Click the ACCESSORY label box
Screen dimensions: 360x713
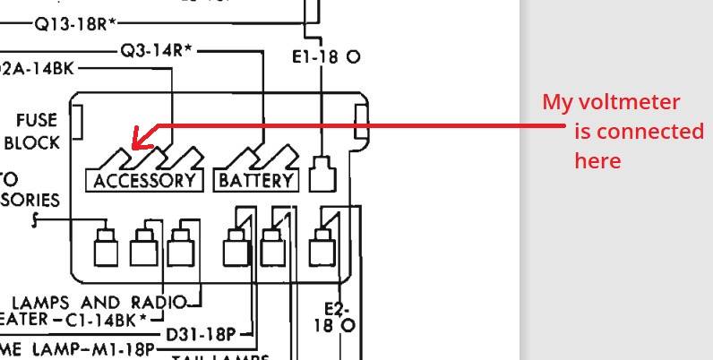tap(144, 180)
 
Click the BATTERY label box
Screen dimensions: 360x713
tap(256, 180)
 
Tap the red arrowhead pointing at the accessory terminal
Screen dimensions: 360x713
tap(139, 140)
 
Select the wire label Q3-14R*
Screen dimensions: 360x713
tap(157, 50)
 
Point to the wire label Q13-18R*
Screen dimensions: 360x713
tap(75, 22)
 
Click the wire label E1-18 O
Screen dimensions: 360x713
tap(326, 56)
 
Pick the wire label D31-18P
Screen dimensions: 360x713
tap(201, 335)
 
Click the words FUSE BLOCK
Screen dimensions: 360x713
tap(34, 131)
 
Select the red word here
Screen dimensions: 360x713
tap(597, 161)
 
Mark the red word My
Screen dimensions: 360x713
tap(556, 102)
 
